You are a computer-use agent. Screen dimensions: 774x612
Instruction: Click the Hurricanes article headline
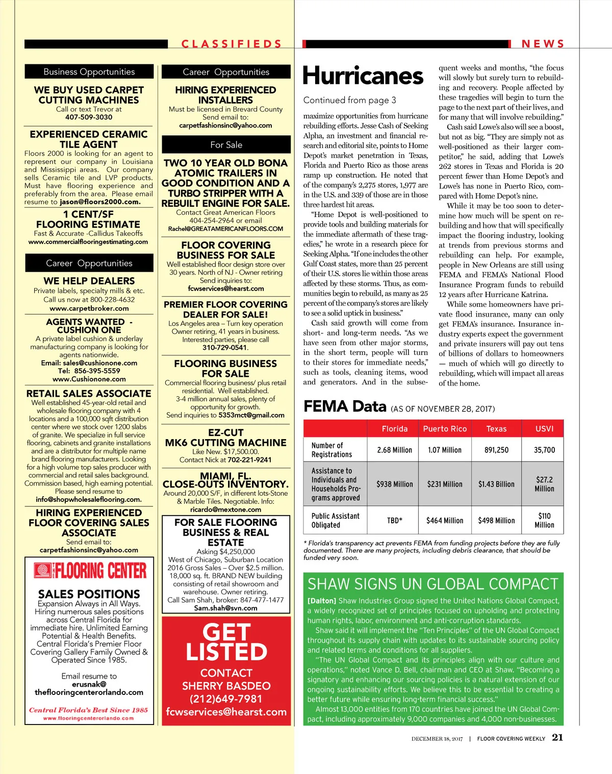(x=363, y=76)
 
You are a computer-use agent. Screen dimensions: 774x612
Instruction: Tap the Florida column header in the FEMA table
(x=395, y=429)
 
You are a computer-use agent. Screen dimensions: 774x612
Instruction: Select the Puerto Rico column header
(x=445, y=429)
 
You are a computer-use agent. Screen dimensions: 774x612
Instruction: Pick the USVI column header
(x=544, y=429)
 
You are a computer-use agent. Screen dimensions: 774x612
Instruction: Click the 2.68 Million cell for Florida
(x=395, y=450)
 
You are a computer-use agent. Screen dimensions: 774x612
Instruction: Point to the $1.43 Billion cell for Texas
(x=496, y=484)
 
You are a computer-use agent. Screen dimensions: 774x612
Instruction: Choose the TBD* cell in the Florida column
(x=395, y=521)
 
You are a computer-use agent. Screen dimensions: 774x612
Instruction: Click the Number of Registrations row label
(x=332, y=450)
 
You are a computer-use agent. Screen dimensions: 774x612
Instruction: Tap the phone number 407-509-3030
(x=89, y=117)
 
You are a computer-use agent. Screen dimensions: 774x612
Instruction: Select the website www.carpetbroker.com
(x=89, y=308)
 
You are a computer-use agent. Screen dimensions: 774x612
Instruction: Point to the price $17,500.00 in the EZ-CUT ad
(x=241, y=452)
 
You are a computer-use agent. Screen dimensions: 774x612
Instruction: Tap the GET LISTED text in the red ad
(x=226, y=642)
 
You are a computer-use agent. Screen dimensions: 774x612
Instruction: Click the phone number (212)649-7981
(x=226, y=699)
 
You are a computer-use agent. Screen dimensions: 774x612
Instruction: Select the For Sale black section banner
(x=226, y=145)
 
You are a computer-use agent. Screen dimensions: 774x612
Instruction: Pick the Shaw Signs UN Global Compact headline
(x=433, y=584)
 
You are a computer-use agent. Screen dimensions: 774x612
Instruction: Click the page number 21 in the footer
(x=557, y=737)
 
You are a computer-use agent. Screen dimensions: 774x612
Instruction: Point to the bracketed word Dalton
(x=322, y=601)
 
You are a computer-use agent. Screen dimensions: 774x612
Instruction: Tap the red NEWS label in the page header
(x=543, y=44)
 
